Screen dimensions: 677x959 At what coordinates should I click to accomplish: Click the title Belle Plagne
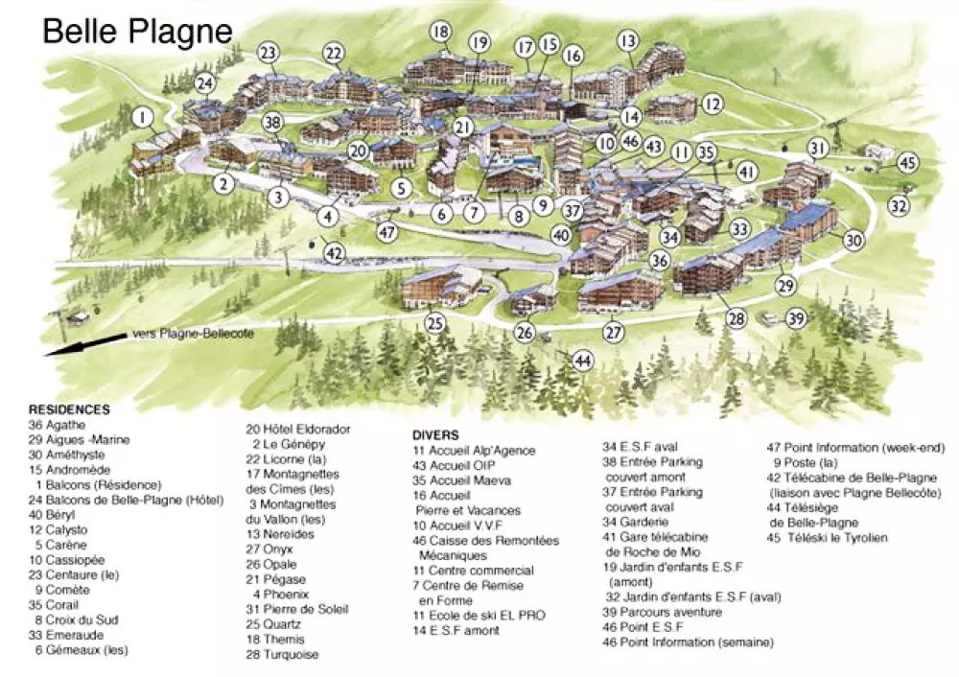click(138, 31)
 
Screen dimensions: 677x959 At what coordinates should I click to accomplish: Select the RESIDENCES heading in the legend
click(69, 409)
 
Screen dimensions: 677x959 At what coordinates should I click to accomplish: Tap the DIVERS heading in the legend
click(435, 434)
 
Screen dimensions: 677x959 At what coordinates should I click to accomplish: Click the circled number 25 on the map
click(436, 323)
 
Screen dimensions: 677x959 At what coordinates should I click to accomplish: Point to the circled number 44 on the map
click(583, 361)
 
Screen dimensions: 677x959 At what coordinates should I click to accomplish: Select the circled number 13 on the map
click(628, 40)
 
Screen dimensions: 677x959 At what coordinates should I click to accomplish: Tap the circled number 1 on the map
click(143, 118)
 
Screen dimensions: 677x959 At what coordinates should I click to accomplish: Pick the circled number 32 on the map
click(899, 204)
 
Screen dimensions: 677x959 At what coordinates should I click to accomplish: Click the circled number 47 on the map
click(386, 231)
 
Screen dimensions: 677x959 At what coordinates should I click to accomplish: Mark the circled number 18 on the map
click(440, 33)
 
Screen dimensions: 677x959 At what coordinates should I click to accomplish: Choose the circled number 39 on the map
click(796, 319)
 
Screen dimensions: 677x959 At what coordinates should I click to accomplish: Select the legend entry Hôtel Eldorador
click(298, 429)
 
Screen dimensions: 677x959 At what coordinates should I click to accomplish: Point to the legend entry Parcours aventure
click(655, 612)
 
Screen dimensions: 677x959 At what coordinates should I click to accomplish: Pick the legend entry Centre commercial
click(473, 571)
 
